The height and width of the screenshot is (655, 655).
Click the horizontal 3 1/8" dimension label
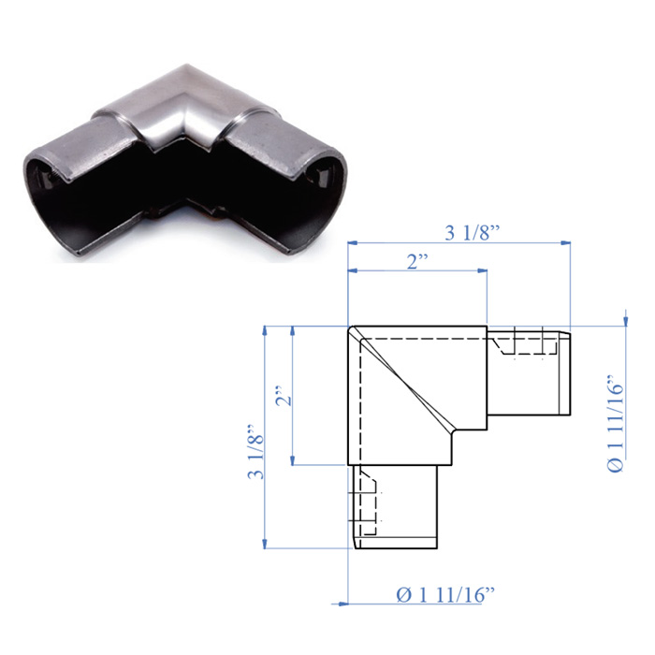point(473,233)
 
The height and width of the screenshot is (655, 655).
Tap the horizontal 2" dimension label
point(417,261)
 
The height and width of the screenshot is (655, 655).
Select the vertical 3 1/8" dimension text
point(256,451)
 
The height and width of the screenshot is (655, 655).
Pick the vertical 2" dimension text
point(284,395)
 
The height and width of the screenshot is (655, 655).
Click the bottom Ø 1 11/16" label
point(445,594)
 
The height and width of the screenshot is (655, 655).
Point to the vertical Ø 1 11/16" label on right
point(616,423)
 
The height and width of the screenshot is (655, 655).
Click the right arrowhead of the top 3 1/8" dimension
point(565,242)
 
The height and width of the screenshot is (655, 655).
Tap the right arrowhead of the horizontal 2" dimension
point(482,271)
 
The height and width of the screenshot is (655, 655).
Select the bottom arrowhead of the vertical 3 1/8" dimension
point(265,543)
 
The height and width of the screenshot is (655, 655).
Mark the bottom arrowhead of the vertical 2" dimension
point(293,459)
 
